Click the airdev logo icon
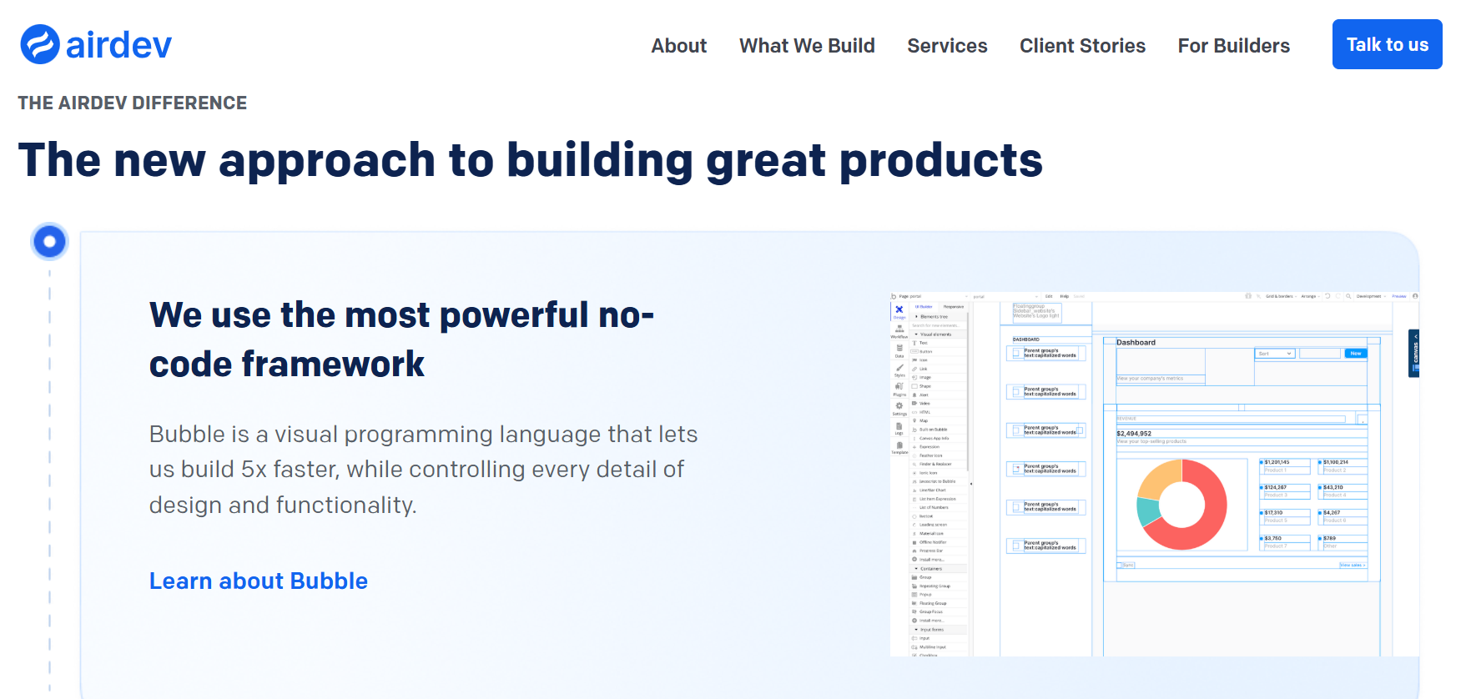pyautogui.click(x=40, y=44)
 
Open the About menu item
pyautogui.click(x=678, y=46)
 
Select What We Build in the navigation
pyautogui.click(x=807, y=46)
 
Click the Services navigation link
pyautogui.click(x=947, y=46)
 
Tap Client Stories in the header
pyautogui.click(x=1082, y=46)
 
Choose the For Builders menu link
pyautogui.click(x=1233, y=46)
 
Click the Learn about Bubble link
pyautogui.click(x=258, y=581)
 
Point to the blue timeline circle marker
pyautogui.click(x=49, y=242)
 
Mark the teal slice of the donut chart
pyautogui.click(x=1146, y=510)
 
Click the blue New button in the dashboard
pyautogui.click(x=1356, y=354)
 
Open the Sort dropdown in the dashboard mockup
pyautogui.click(x=1275, y=354)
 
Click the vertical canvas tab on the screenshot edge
pyautogui.click(x=1414, y=354)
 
